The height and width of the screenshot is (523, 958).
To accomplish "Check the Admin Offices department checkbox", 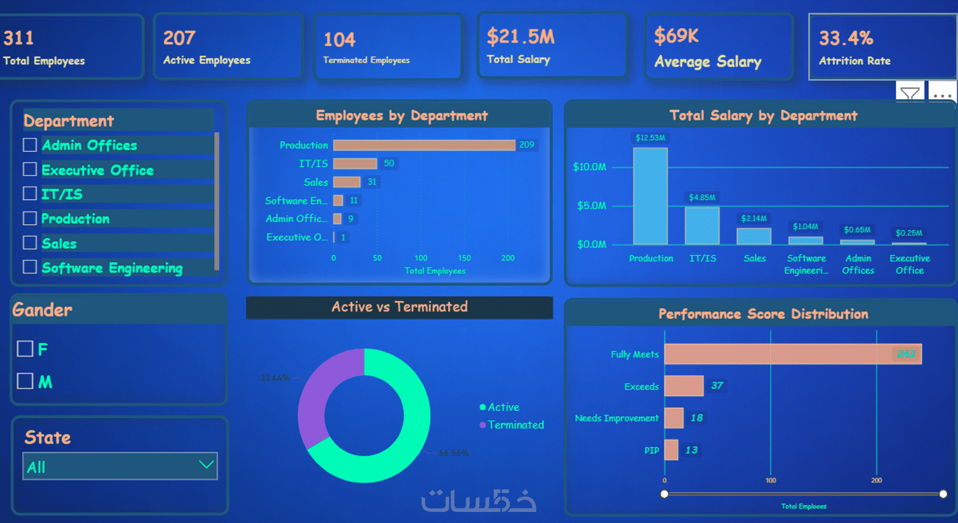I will pos(30,145).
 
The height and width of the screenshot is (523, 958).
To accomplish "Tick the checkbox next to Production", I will pos(30,219).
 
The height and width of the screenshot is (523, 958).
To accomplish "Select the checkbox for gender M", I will pos(25,381).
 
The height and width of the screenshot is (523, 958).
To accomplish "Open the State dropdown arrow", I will pos(206,465).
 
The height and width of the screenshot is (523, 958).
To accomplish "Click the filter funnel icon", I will pos(909,93).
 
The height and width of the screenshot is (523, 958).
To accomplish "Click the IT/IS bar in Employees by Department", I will pos(355,163).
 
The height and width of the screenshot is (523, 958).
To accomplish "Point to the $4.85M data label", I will pos(702,198).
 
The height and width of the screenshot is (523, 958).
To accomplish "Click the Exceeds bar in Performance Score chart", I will pos(683,386).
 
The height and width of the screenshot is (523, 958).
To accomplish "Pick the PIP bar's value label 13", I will pos(692,450).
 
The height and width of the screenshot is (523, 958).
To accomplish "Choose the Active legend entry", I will pos(503,407).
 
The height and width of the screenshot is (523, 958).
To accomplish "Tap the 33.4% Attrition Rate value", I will pos(846,38).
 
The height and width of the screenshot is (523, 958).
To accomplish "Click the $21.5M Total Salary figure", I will pos(520,37).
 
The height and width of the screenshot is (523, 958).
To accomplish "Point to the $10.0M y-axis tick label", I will pos(590,167).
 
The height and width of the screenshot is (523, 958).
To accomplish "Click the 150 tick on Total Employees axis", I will pos(464,258).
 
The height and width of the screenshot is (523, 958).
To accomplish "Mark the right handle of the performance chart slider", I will pos(943,494).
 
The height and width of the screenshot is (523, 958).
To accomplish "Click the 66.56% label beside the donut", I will pos(453,453).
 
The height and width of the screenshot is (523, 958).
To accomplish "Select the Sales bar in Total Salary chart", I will pos(754,236).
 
